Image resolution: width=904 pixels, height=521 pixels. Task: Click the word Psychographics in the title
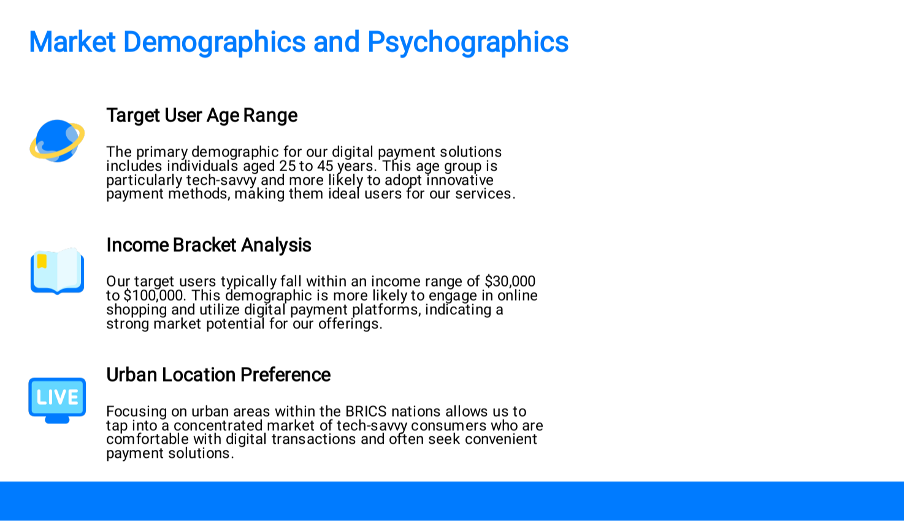[x=468, y=42]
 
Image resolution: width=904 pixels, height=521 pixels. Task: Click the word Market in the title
[x=72, y=42]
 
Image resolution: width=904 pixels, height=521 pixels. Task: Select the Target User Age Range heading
[x=202, y=116]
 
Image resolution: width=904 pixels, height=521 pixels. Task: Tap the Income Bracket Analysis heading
[x=209, y=245]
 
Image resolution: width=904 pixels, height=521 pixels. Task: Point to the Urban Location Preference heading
[x=218, y=375]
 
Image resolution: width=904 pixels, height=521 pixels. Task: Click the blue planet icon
[x=57, y=141]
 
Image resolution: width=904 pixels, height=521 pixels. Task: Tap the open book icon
[x=57, y=271]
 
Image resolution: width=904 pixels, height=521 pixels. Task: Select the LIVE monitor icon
[x=57, y=400]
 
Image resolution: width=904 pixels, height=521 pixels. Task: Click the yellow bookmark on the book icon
[x=42, y=261]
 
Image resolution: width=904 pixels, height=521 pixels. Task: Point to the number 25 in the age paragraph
[x=288, y=166]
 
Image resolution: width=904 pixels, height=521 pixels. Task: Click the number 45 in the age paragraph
[x=325, y=166]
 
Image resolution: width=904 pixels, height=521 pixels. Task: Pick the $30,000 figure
[x=510, y=281]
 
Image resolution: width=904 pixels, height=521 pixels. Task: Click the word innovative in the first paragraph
[x=460, y=180]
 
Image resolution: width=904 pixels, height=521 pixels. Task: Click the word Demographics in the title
[x=214, y=42]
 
